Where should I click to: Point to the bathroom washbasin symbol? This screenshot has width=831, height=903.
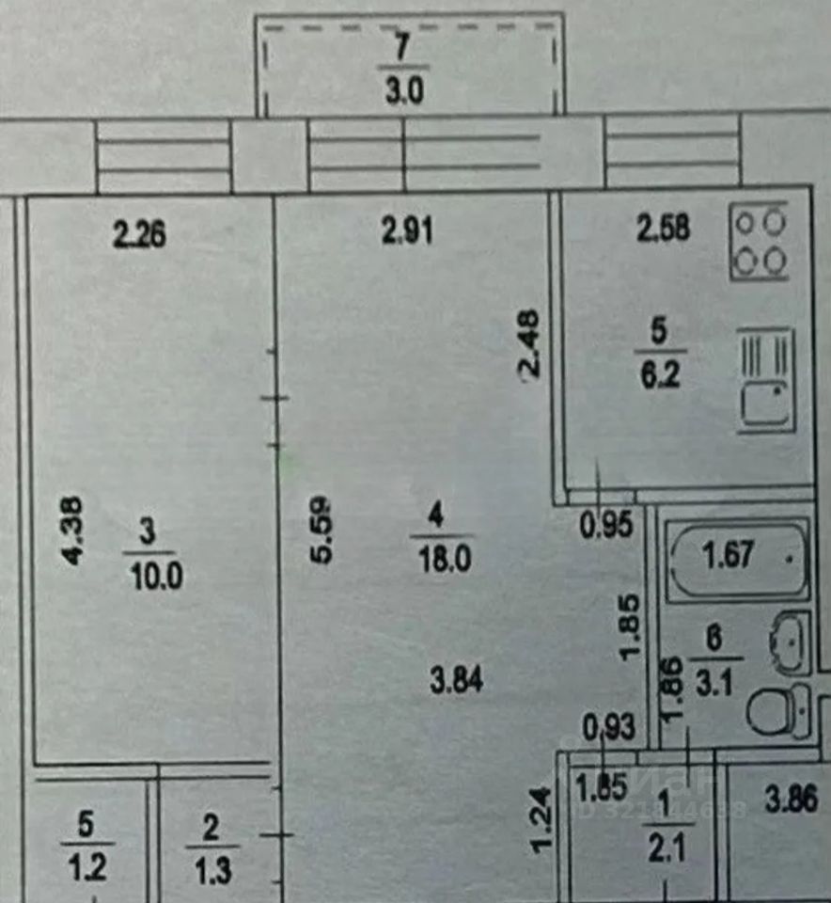click(789, 643)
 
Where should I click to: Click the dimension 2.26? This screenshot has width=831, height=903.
click(139, 232)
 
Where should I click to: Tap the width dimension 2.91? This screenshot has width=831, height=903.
click(408, 230)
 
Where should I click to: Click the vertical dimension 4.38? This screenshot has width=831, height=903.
click(74, 531)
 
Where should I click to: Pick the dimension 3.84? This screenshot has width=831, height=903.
click(457, 680)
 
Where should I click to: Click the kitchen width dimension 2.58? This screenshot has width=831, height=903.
click(664, 228)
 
